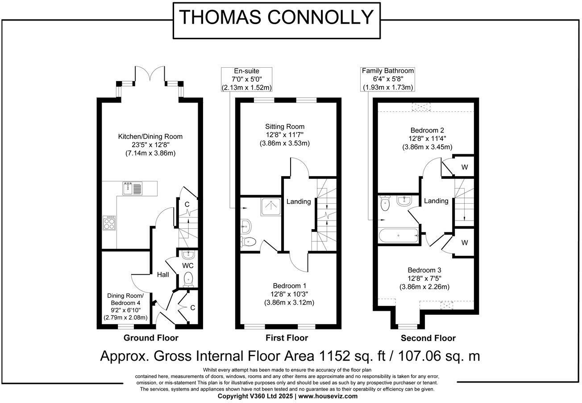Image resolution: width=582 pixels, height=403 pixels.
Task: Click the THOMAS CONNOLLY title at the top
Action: click(276, 18)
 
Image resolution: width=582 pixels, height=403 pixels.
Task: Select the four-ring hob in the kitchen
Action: click(109, 222)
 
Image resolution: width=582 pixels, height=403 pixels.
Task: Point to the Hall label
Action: click(162, 275)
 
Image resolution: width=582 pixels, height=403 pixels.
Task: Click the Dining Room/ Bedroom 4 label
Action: click(125, 299)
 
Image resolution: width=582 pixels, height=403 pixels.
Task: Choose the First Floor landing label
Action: click(298, 201)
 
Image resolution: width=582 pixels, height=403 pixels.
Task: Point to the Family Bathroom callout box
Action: click(387, 79)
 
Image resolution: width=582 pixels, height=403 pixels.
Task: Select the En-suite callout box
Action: click(246, 79)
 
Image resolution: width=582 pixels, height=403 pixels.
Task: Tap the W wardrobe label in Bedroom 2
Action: click(464, 167)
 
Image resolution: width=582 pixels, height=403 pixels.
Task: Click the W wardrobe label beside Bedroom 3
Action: click(464, 243)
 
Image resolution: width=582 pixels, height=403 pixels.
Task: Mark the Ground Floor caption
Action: click(151, 338)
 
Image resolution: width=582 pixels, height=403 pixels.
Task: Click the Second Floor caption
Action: click(428, 338)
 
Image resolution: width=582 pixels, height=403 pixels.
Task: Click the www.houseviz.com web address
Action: click(328, 396)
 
